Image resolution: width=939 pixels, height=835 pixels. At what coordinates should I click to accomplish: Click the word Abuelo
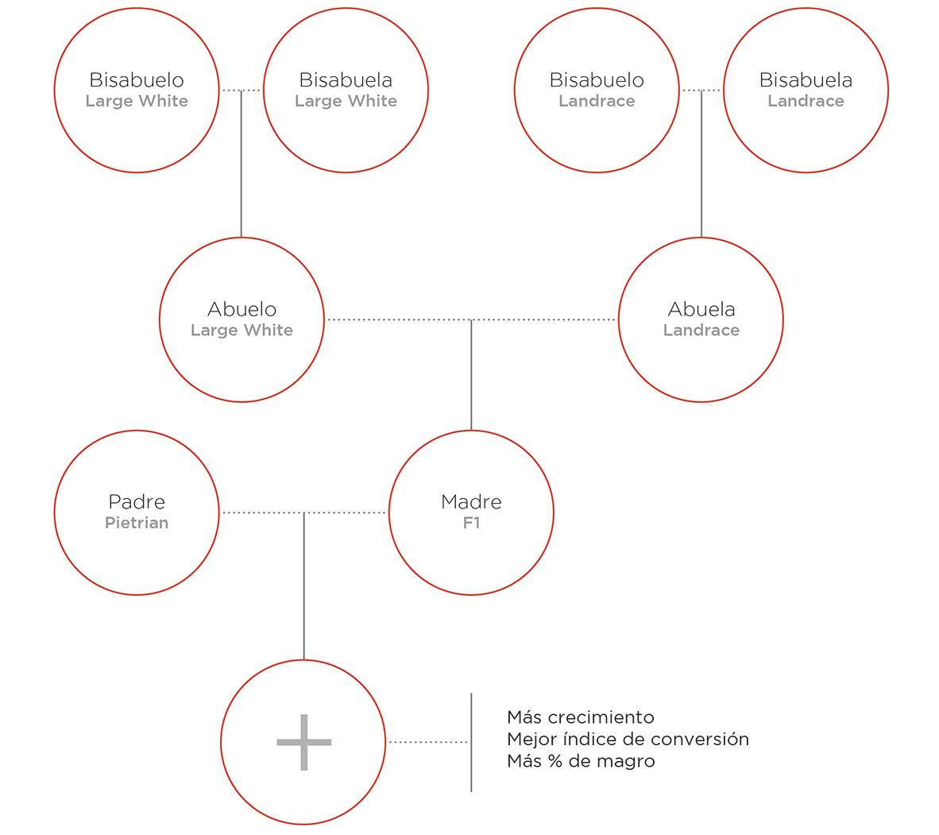pyautogui.click(x=242, y=309)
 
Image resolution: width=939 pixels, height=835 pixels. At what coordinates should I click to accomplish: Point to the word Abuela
pyautogui.click(x=701, y=309)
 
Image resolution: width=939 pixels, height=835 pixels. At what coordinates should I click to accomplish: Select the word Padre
pyautogui.click(x=137, y=501)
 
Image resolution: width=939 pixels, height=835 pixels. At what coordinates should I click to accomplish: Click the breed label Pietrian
pyautogui.click(x=137, y=523)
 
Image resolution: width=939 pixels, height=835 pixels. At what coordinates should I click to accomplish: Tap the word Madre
pyautogui.click(x=471, y=501)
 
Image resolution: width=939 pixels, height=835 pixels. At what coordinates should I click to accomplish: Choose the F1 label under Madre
pyautogui.click(x=471, y=523)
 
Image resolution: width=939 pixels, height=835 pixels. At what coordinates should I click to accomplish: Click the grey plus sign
pyautogui.click(x=303, y=742)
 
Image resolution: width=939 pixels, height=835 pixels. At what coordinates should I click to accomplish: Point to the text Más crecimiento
pyautogui.click(x=580, y=717)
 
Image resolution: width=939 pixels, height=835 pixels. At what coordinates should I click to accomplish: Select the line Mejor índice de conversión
pyautogui.click(x=628, y=739)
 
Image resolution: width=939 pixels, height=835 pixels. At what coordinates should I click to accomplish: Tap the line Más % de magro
pyautogui.click(x=581, y=761)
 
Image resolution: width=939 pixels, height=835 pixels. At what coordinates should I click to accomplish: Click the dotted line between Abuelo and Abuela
pyautogui.click(x=471, y=320)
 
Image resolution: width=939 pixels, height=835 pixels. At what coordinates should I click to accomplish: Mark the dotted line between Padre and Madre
pyautogui.click(x=303, y=512)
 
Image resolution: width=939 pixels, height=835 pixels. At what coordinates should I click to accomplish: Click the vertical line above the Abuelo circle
pyautogui.click(x=242, y=164)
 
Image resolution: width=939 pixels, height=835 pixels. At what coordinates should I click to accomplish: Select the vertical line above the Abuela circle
pyautogui.click(x=701, y=164)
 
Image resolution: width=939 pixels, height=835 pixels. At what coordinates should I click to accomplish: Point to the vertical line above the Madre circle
pyautogui.click(x=471, y=375)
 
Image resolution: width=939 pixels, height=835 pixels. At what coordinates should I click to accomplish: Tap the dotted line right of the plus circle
pyautogui.click(x=428, y=742)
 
